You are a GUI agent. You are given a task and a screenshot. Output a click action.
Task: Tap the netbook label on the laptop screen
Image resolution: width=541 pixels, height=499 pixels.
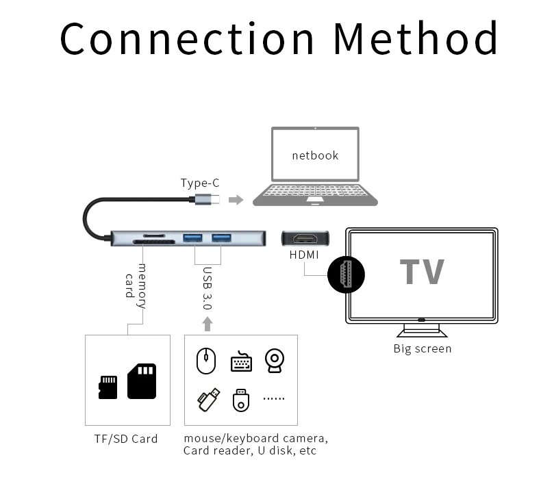pos(315,155)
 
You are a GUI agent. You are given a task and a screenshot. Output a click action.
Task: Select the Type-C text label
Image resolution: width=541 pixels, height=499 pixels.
pos(199,183)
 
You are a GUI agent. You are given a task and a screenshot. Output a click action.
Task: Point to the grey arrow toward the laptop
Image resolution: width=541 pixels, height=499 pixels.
pos(236,200)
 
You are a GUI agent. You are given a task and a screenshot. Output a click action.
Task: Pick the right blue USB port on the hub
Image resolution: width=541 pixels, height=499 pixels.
pos(221,238)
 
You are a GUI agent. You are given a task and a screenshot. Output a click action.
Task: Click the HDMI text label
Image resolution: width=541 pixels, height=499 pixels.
pos(305,254)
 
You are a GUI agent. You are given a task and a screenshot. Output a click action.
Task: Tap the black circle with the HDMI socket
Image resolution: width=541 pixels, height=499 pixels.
pos(346,275)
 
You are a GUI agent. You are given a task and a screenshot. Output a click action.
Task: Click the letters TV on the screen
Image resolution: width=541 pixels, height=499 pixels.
pos(422,272)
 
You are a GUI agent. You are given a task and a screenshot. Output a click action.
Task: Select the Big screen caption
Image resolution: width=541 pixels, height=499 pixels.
pos(423,348)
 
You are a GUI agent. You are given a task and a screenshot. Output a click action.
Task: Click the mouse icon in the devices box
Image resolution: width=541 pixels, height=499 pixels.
pos(206,361)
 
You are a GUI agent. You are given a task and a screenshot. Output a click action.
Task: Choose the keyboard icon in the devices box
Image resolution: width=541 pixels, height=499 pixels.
pos(241,361)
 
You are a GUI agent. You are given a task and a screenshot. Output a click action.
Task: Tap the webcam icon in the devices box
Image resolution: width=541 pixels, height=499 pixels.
pos(275,361)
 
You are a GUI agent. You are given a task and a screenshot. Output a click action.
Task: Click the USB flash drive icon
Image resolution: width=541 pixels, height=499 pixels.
pos(209,400)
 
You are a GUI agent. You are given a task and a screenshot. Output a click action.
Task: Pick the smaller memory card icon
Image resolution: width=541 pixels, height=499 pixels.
pos(108,387)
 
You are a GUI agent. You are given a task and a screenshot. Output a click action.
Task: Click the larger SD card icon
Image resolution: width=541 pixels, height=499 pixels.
pos(142,381)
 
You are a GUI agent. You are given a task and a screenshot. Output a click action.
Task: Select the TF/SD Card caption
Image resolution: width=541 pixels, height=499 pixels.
pos(126,439)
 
